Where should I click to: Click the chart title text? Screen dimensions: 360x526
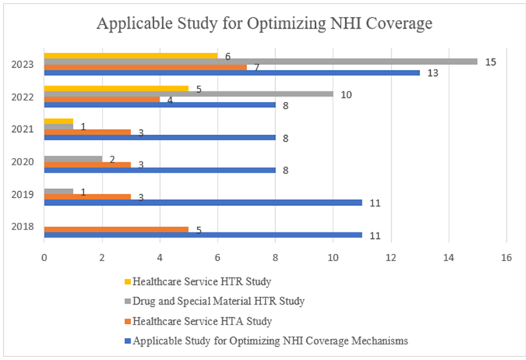point(264,24)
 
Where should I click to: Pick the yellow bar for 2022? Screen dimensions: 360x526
point(116,89)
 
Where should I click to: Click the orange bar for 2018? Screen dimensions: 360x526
point(116,229)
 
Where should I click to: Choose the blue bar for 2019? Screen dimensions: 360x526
point(203,202)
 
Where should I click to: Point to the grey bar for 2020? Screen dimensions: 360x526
point(73,159)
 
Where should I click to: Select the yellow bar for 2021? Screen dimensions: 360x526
point(59,121)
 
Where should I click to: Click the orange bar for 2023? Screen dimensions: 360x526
point(145,67)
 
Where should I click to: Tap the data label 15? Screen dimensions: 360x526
point(491,61)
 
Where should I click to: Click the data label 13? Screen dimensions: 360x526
point(433,73)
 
